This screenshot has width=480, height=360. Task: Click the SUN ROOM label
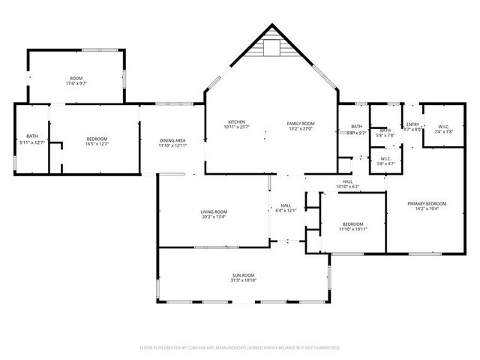point(243,275)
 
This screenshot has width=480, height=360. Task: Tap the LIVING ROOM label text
point(214,211)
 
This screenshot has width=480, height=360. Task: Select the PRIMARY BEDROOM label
point(427,204)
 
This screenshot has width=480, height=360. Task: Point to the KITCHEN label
point(237,122)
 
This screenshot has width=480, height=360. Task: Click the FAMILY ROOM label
point(301,122)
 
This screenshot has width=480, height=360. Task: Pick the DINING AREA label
point(172,140)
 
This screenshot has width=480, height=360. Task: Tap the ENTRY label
point(412,124)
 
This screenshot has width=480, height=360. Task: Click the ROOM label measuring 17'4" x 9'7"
point(76,78)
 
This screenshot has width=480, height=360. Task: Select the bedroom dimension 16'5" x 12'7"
point(97,144)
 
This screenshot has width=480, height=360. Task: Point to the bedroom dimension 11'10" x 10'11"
point(352,229)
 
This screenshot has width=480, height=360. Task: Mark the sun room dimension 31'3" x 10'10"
point(243,280)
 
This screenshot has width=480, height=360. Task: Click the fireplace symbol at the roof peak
point(271,48)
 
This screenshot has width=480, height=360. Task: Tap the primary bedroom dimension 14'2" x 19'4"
point(427,209)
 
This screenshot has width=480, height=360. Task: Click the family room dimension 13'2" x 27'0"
point(301,127)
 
